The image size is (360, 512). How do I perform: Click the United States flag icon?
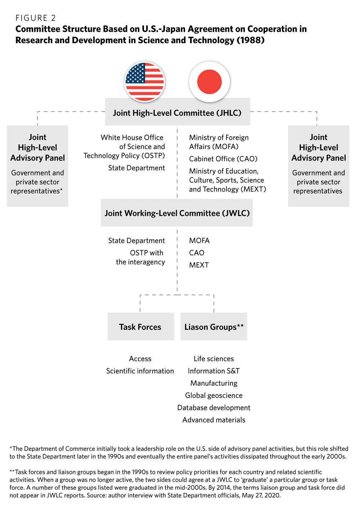(145, 82)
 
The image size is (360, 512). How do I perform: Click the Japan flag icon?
(209, 82)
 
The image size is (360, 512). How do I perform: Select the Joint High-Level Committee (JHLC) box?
(177, 113)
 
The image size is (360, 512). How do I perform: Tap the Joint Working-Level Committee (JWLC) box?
(177, 213)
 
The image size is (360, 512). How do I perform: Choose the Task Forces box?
(140, 327)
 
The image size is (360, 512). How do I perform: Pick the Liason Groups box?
(214, 327)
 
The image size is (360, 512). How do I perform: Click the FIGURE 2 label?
(36, 18)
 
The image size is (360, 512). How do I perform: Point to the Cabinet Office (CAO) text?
(223, 159)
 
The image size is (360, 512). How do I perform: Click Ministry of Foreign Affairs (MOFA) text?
(219, 142)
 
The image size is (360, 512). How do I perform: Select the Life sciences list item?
(214, 359)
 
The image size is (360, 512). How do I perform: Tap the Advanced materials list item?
(214, 420)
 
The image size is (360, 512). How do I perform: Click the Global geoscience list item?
(214, 395)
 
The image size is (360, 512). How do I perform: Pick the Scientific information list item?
(140, 371)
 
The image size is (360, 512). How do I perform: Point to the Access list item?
(140, 359)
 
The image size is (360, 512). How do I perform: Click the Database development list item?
(214, 408)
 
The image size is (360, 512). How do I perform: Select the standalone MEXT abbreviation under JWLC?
(199, 265)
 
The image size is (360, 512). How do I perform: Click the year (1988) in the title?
(251, 40)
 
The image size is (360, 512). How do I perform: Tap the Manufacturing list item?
(214, 383)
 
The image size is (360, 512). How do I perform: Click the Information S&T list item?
(214, 371)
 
